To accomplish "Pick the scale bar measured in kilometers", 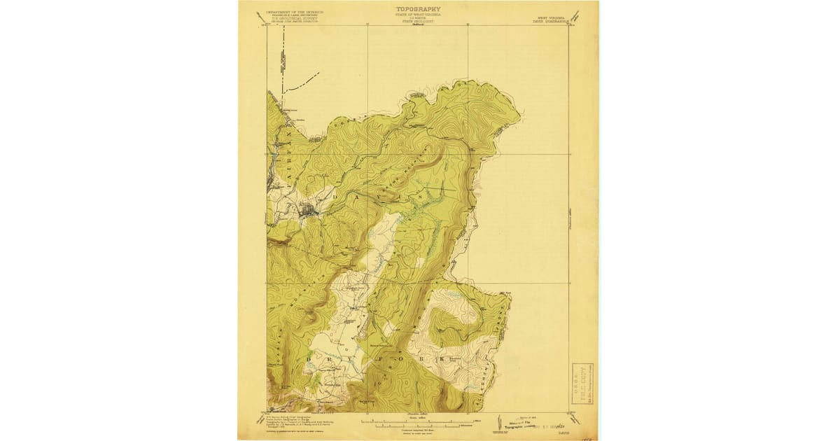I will pyautogui.click(x=420, y=425).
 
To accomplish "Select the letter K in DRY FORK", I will pyautogui.click(x=441, y=359).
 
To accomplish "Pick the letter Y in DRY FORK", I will pyautogui.click(x=346, y=359).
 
